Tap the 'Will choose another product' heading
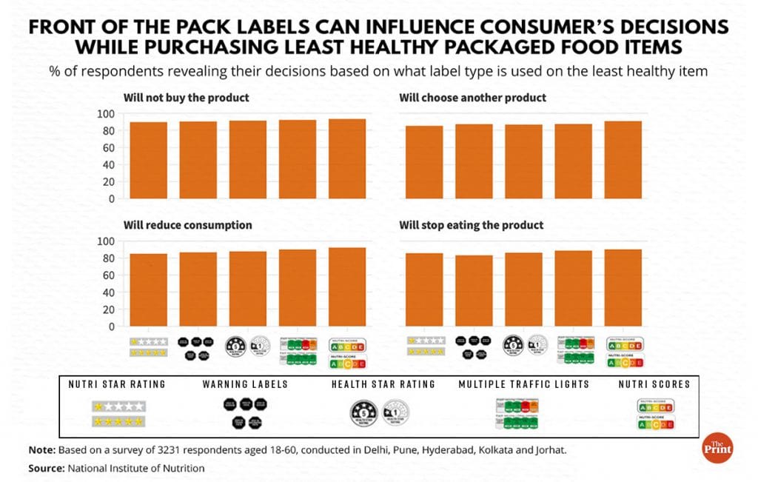tap(472, 97)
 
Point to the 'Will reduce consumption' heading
tap(188, 224)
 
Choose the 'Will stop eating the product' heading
tap(472, 224)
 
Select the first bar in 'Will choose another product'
tap(425, 162)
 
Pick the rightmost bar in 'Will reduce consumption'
tap(346, 287)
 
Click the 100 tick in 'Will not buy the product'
tap(107, 113)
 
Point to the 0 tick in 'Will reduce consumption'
tap(112, 327)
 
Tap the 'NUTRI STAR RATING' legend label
tap(117, 384)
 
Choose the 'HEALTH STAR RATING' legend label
tap(383, 384)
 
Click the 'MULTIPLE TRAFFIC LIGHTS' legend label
tap(523, 384)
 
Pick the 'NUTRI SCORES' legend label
tap(654, 384)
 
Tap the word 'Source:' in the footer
tap(47, 468)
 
